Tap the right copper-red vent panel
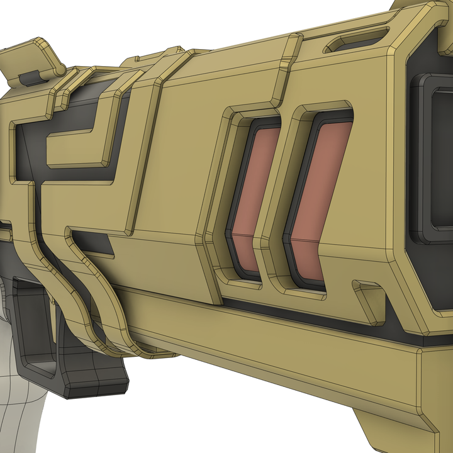(x=321, y=182)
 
